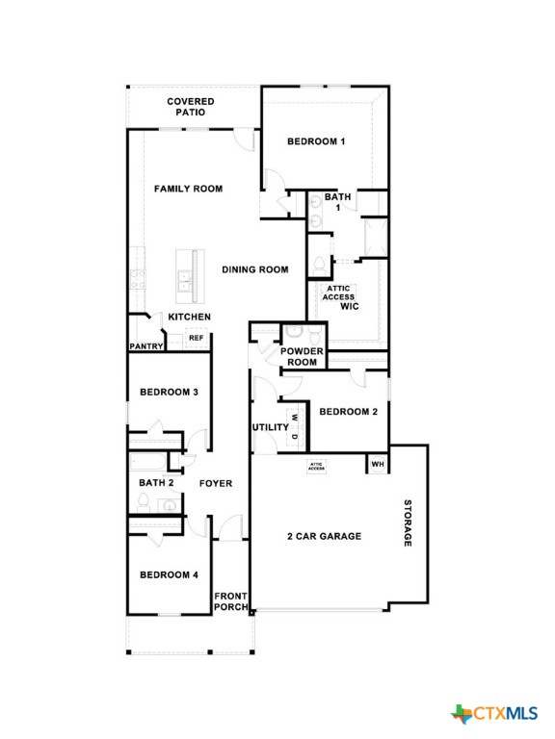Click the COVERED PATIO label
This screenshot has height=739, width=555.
(190, 107)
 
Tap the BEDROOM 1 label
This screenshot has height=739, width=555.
(316, 141)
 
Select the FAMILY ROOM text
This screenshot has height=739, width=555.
(188, 189)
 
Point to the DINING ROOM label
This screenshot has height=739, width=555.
(255, 270)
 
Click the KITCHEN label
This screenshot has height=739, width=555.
(190, 317)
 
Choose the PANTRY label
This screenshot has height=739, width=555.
(145, 346)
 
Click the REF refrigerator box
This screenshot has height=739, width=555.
(196, 338)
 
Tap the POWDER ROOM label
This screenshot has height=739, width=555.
(302, 357)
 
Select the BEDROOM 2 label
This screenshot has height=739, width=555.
(348, 412)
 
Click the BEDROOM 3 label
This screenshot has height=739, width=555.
(169, 392)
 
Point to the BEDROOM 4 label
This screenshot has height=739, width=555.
(169, 574)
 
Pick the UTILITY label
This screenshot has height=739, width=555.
(270, 427)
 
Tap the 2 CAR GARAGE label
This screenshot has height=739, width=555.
(324, 536)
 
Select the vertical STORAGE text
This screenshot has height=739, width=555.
(408, 523)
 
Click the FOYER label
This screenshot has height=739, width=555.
(215, 483)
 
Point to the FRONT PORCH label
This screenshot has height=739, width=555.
(231, 601)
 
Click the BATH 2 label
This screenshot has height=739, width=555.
(156, 483)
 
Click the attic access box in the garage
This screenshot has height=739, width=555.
(316, 466)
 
